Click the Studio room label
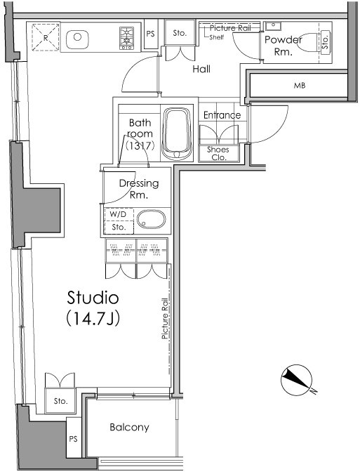pyautogui.click(x=93, y=298)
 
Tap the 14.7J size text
pyautogui.click(x=93, y=318)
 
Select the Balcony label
pyautogui.click(x=129, y=427)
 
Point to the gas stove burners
pyautogui.click(x=126, y=38)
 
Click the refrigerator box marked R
pyautogui.click(x=46, y=37)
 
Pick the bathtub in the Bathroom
pyautogui.click(x=176, y=133)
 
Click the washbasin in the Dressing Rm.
pyautogui.click(x=152, y=220)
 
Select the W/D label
pyautogui.click(x=118, y=214)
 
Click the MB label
pyautogui.click(x=300, y=86)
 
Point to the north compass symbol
pyautogui.click(x=297, y=380)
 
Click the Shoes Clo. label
pyautogui.click(x=218, y=153)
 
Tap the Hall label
pyautogui.click(x=201, y=69)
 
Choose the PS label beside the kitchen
pyautogui.click(x=150, y=34)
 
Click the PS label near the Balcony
pyautogui.click(x=74, y=439)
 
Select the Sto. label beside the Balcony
pyautogui.click(x=61, y=401)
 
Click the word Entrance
pyautogui.click(x=222, y=115)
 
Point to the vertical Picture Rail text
pyautogui.click(x=165, y=318)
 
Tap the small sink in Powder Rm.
pyautogui.click(x=273, y=26)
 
